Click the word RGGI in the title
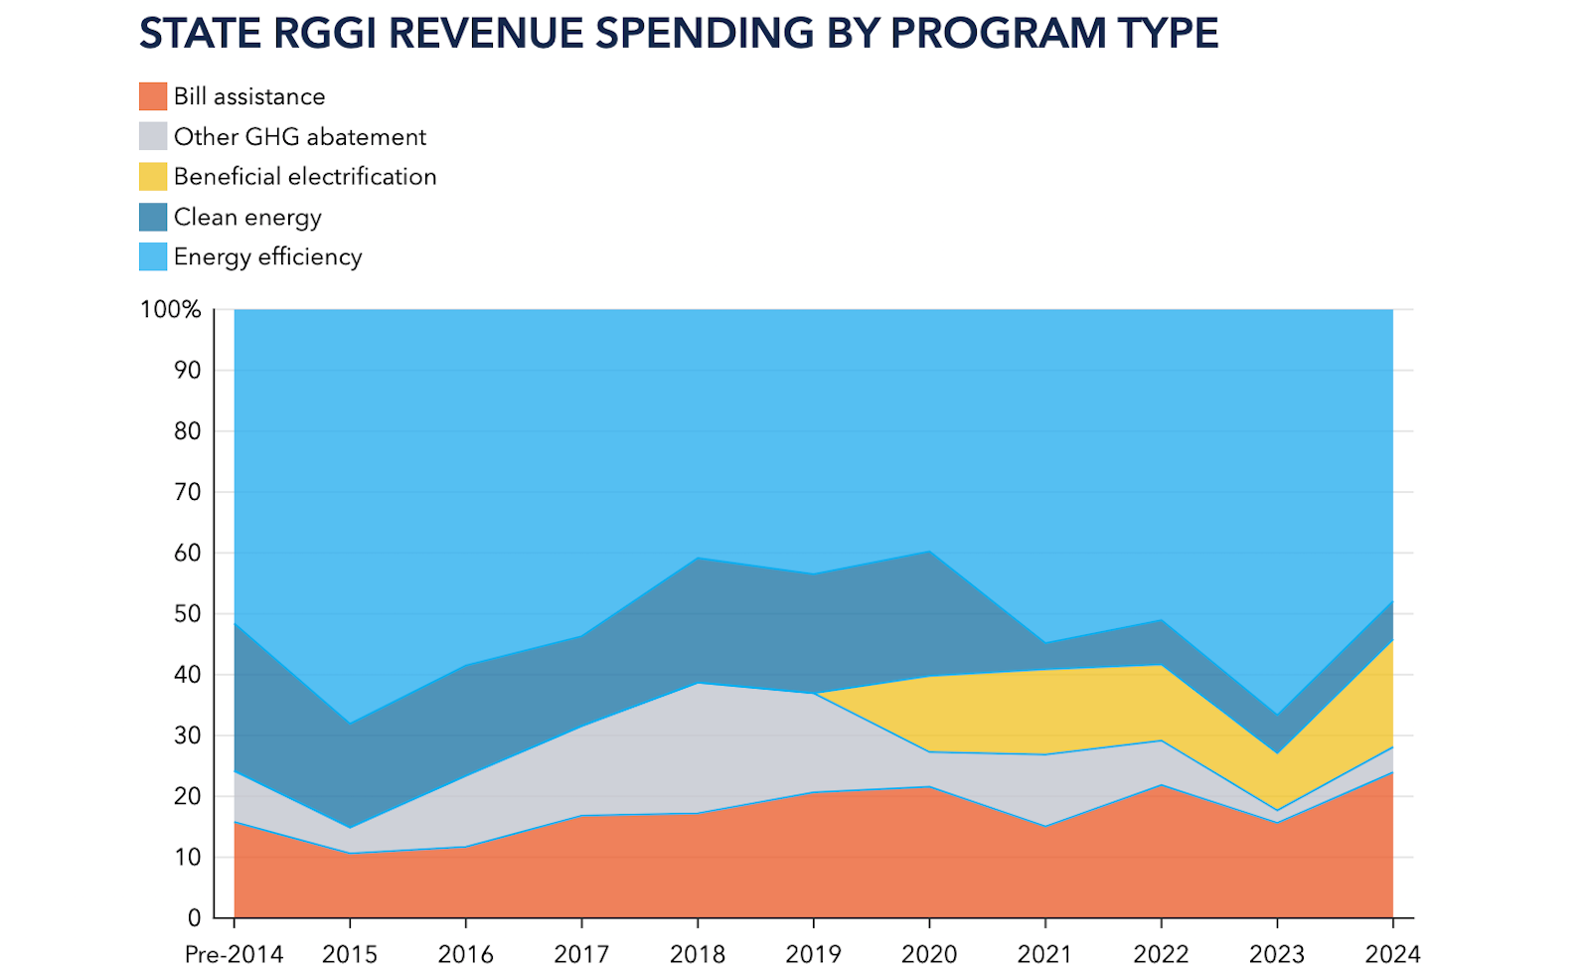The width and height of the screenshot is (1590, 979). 324,34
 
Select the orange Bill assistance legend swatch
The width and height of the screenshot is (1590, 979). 153,95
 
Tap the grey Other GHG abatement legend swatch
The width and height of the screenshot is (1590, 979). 153,136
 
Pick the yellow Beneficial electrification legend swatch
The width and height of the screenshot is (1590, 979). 153,176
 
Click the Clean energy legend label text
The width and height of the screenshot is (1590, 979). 247,218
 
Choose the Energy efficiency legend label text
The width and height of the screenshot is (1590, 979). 267,257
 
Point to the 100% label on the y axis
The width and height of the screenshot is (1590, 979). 170,309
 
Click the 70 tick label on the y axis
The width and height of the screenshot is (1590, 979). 188,492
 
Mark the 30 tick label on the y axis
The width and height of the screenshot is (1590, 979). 188,735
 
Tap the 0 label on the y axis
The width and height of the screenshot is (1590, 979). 195,918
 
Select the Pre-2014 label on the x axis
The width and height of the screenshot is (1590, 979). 234,955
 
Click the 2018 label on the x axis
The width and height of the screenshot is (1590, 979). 697,955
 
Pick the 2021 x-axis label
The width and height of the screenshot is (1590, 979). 1044,955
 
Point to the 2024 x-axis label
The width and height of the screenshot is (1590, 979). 1392,955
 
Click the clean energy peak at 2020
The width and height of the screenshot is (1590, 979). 929,551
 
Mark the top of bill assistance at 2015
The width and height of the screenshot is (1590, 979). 349,853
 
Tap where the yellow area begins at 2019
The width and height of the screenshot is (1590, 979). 814,693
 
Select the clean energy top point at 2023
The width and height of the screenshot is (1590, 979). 1277,715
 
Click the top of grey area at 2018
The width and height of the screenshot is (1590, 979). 697,683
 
